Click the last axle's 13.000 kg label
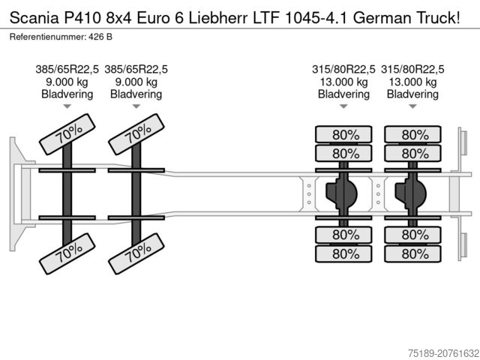412,82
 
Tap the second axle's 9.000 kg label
136,82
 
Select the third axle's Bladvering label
343,94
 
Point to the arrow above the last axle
412,106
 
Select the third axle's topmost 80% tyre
343,135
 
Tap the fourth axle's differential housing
412,194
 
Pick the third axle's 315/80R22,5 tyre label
343,70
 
